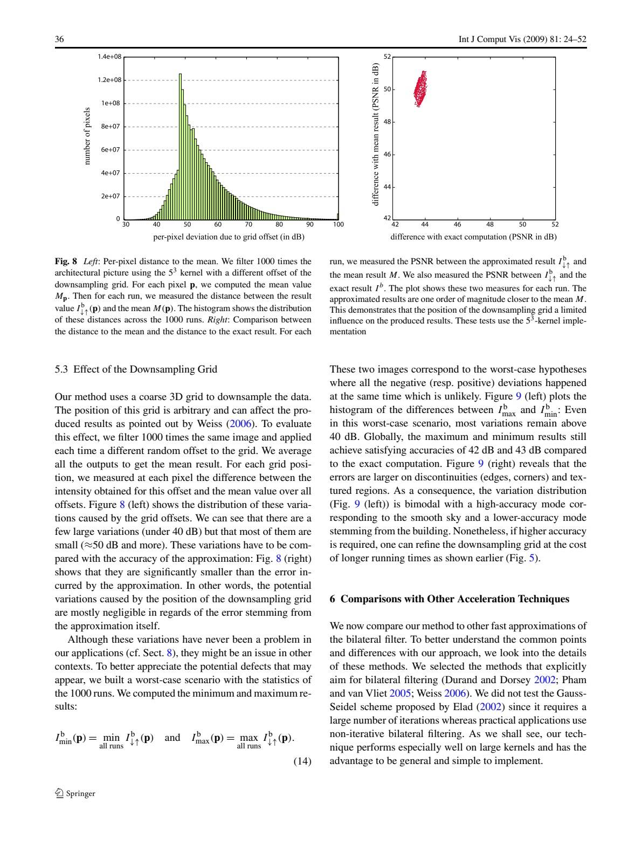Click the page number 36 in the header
point(59,39)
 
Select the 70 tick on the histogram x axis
point(248,224)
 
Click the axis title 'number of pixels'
point(86,135)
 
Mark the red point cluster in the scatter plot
point(420,89)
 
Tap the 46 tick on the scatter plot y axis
point(386,155)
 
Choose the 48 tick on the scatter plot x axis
point(490,224)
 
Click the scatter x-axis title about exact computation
point(473,237)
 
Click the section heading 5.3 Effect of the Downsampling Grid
point(136,369)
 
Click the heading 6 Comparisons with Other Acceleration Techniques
point(449,599)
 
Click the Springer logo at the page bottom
point(75,793)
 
